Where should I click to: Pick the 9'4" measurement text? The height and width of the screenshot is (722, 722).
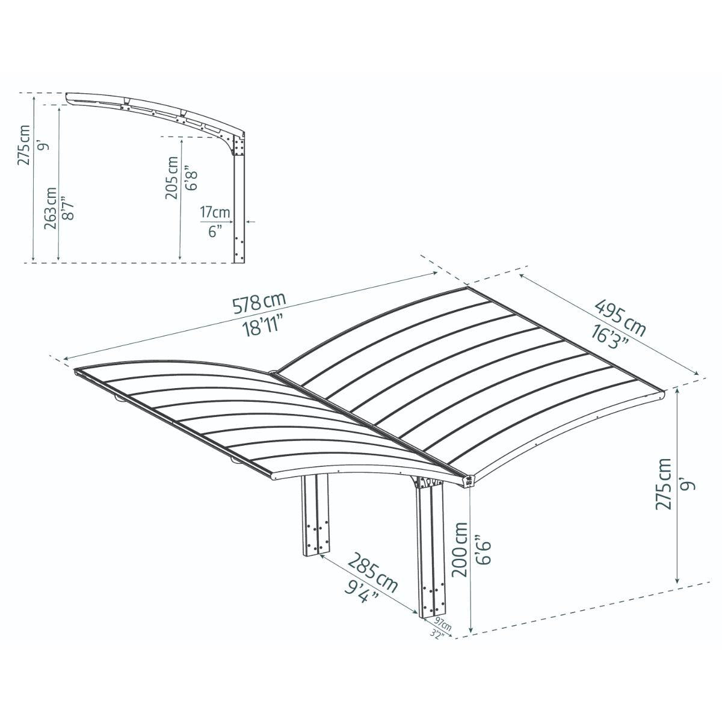[362, 592]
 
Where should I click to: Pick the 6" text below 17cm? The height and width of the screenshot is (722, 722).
[215, 230]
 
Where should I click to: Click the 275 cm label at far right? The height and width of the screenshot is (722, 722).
[664, 484]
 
